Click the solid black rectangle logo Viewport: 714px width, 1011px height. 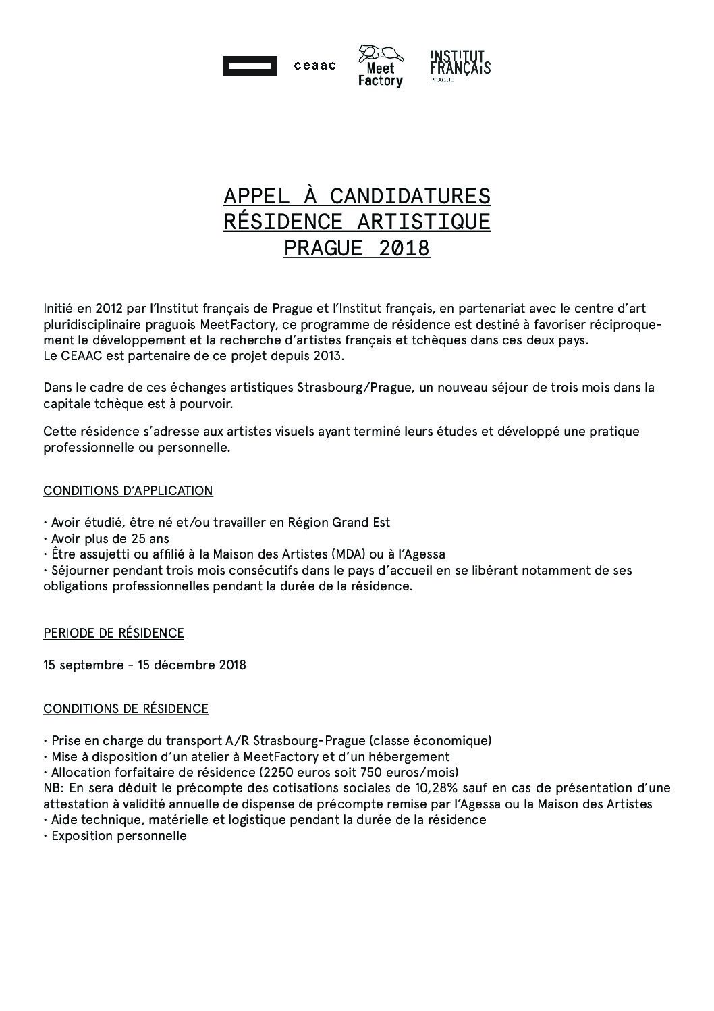(250, 66)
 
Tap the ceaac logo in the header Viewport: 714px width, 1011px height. (314, 66)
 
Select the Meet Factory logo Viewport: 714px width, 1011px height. (380, 66)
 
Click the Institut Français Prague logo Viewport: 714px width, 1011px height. (460, 66)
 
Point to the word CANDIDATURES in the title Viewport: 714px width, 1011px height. (410, 196)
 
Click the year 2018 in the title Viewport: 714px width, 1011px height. (404, 249)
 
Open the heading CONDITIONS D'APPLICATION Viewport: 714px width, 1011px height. (128, 491)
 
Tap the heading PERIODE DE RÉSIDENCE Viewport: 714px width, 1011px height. (113, 633)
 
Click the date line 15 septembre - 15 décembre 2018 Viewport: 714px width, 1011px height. (144, 665)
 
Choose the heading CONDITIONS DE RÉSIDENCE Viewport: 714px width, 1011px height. (126, 709)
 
